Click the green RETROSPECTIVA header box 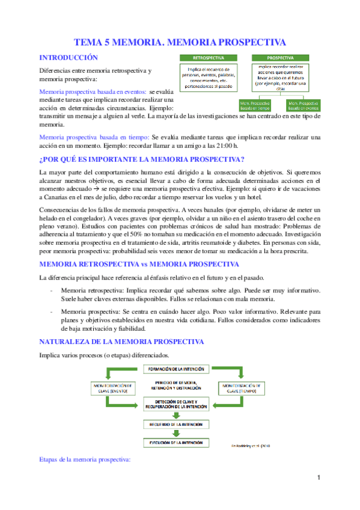coord(209,58)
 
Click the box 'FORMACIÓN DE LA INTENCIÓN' coord(172,369)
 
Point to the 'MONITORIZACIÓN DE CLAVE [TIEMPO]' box coord(240,386)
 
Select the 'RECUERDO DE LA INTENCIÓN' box coord(172,423)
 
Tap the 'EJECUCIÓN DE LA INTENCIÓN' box coord(172,443)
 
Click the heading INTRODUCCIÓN coord(68,58)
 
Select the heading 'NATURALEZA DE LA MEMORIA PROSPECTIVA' coord(121,342)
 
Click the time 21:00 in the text coord(225,146)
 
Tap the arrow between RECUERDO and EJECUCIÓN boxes coord(172,433)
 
